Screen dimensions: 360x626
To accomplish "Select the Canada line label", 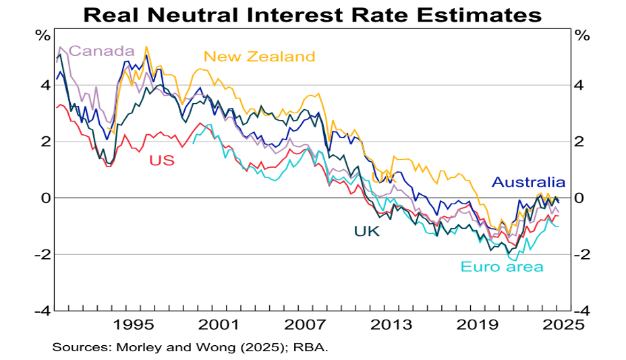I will tap(101, 51).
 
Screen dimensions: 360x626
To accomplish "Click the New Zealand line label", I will tap(259, 57).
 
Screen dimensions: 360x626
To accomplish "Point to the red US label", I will tap(162, 160).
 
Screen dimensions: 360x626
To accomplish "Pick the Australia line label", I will tap(528, 182).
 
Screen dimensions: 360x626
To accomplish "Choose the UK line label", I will tap(367, 232).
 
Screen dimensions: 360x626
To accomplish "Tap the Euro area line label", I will tap(502, 267).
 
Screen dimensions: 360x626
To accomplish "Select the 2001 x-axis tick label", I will tap(219, 324).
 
